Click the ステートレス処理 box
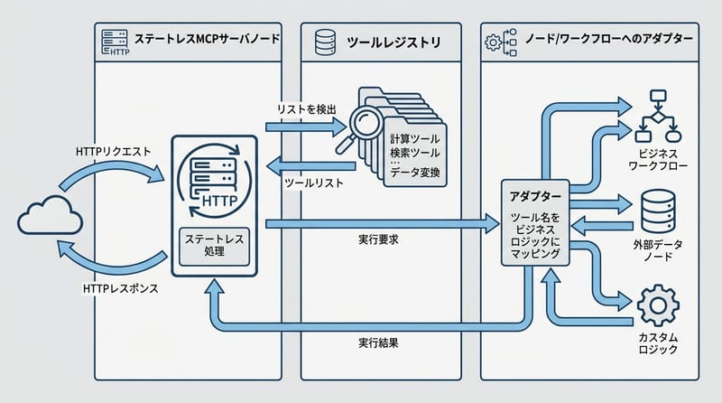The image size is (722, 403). [x=214, y=246]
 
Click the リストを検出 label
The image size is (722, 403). [x=307, y=108]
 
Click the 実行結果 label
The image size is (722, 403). [x=378, y=344]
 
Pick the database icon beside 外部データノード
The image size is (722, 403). [x=657, y=211]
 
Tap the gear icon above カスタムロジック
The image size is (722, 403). [x=657, y=305]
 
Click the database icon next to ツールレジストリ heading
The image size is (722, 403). [x=325, y=41]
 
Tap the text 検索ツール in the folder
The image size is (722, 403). [x=415, y=155]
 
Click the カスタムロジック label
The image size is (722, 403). [x=657, y=343]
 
